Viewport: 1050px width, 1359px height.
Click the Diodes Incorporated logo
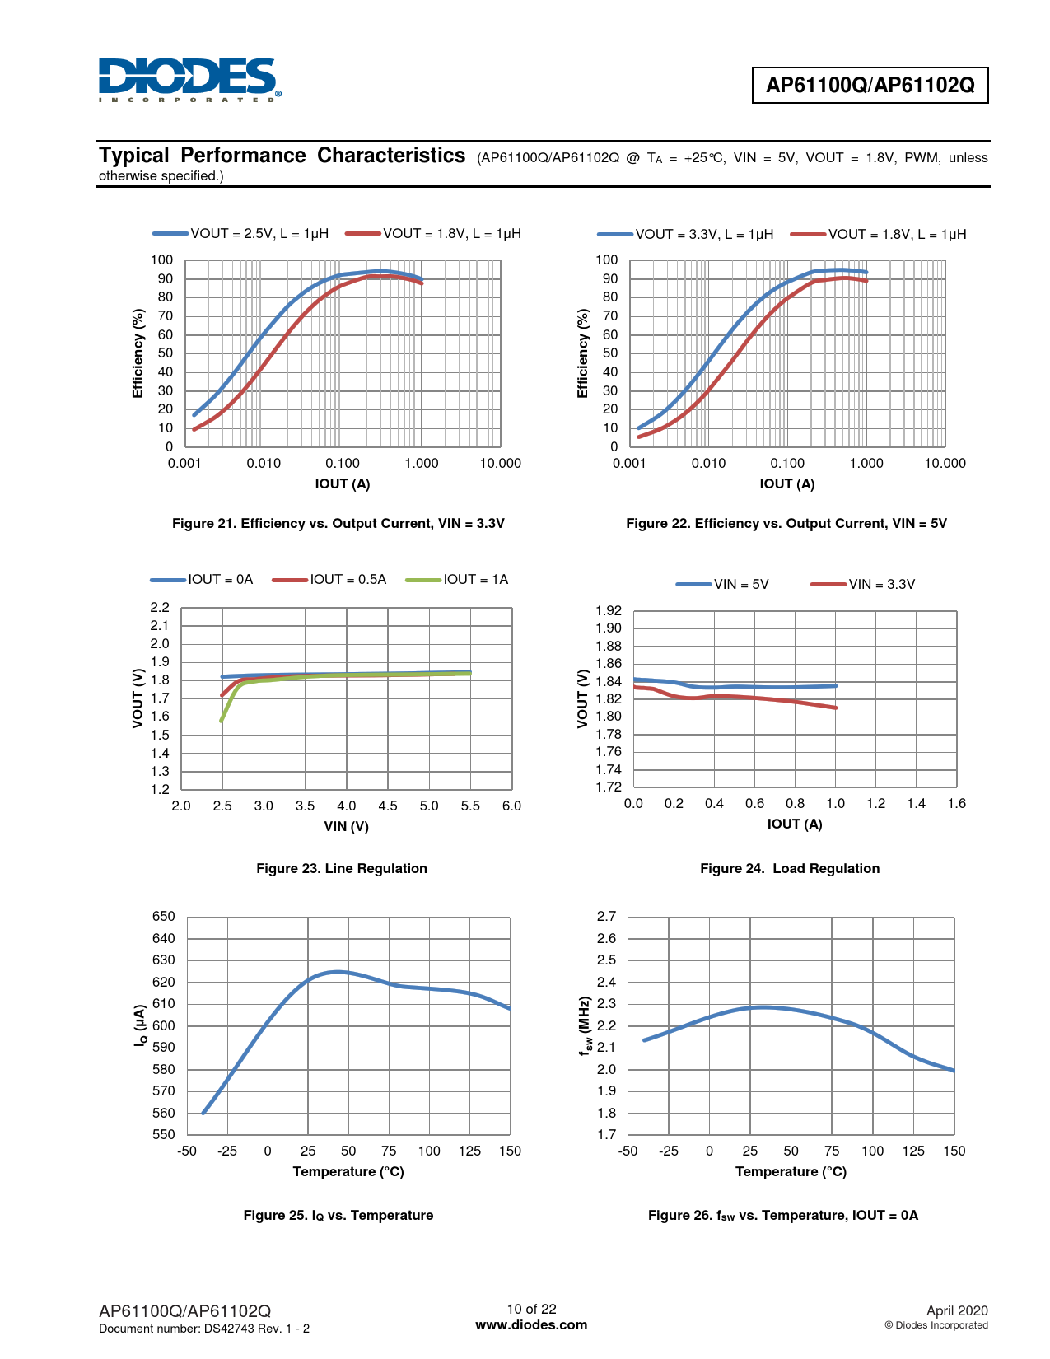tap(189, 80)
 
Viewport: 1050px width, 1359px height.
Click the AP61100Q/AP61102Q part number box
tap(870, 85)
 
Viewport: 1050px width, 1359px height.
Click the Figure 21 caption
tap(338, 524)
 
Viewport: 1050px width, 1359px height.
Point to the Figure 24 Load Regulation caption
tap(789, 869)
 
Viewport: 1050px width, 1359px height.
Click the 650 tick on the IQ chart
tap(164, 917)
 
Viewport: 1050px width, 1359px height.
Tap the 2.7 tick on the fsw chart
tap(606, 917)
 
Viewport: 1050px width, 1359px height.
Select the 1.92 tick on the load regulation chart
tap(609, 611)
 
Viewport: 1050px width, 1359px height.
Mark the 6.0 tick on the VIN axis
tap(511, 806)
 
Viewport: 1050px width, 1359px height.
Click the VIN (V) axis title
tap(346, 827)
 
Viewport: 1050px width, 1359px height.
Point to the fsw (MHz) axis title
tap(585, 1026)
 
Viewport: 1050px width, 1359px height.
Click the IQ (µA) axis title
tap(141, 1026)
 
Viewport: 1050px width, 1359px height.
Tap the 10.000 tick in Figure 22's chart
tap(945, 464)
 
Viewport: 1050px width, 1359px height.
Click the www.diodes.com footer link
tap(531, 1325)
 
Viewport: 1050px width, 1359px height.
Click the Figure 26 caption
tap(782, 1216)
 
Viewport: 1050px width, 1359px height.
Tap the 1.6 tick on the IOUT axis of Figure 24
tap(956, 804)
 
